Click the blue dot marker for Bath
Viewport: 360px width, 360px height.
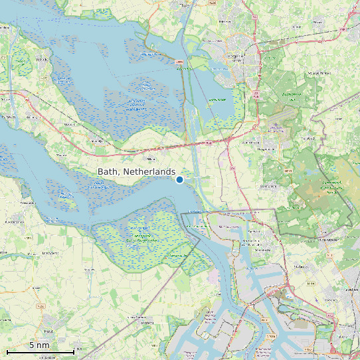(179, 179)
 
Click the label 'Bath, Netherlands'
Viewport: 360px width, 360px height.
(137, 171)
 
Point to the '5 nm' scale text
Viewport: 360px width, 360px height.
(39, 345)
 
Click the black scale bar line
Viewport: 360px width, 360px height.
(40, 351)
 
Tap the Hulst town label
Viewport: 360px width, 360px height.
(48, 330)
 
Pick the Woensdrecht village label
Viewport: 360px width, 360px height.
(251, 142)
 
